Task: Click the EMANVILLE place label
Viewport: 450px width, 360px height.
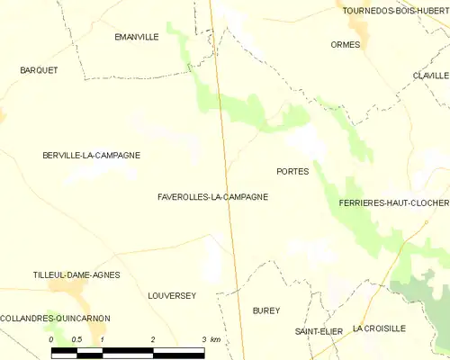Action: click(137, 37)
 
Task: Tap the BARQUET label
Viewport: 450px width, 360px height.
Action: click(39, 69)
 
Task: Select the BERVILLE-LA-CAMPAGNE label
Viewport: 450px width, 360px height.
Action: click(91, 155)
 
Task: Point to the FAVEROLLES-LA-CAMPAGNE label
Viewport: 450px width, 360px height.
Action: click(212, 196)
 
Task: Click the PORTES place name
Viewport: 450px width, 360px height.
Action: click(292, 171)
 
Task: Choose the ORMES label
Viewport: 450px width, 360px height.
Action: click(346, 44)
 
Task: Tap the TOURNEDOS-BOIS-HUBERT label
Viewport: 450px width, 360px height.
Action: click(394, 11)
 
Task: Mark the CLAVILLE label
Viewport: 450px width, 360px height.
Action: click(431, 76)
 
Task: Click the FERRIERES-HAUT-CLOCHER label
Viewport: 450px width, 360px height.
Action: click(393, 203)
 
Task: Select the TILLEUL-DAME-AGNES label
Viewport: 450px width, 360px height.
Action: click(76, 274)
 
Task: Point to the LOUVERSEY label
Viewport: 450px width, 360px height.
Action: click(171, 295)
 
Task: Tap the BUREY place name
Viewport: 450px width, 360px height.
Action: click(266, 310)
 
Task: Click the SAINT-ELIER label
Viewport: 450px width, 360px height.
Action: click(319, 331)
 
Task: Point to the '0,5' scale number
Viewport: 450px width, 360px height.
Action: click(76, 339)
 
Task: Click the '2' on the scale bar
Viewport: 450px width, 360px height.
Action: click(154, 339)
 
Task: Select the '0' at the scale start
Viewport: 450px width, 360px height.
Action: click(51, 339)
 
